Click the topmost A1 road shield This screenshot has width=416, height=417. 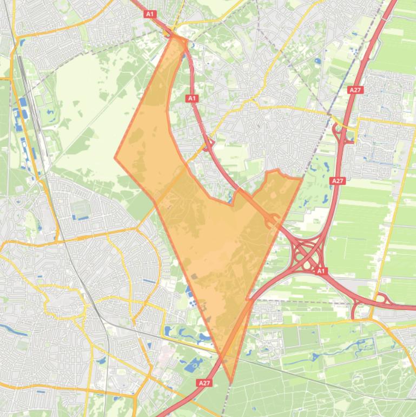150,14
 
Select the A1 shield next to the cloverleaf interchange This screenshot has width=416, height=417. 320,270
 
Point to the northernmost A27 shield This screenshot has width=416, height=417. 355,90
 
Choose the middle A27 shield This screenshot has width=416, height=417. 338,180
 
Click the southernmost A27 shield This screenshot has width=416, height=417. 204,383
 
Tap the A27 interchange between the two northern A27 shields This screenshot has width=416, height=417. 343,133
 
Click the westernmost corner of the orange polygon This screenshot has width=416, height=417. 115,158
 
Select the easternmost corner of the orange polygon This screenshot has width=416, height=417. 302,178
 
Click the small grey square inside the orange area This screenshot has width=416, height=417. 194,276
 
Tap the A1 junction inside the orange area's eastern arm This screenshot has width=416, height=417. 272,220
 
